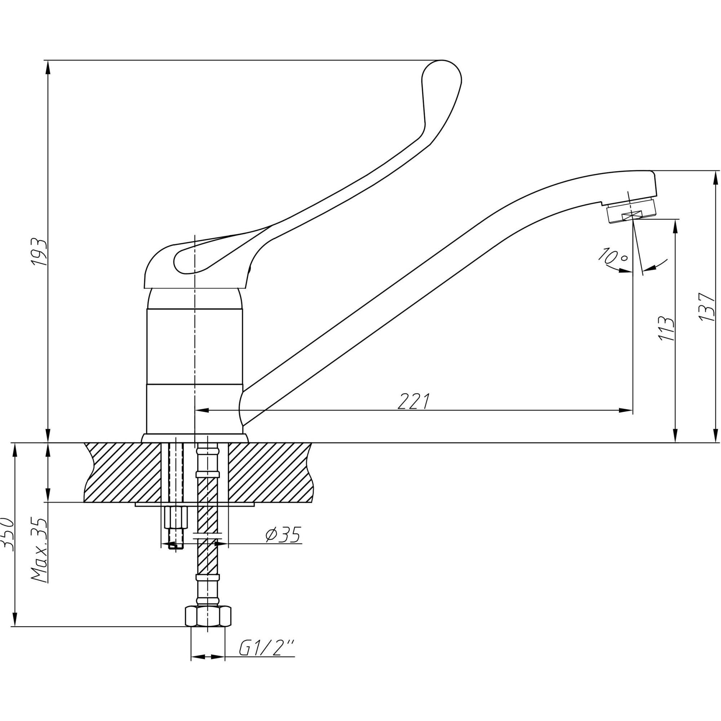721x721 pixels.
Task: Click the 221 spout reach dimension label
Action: [414, 402]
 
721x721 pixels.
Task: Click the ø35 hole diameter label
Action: [283, 535]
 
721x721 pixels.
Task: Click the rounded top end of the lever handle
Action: [442, 75]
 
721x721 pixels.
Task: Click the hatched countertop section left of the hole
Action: [123, 472]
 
